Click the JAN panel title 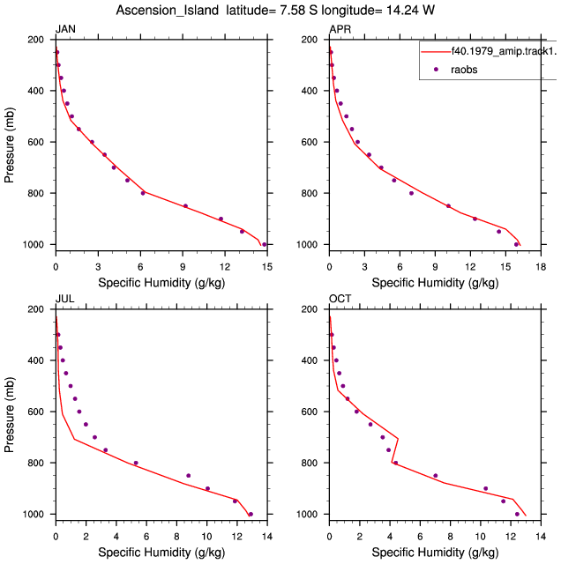65,29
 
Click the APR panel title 340,29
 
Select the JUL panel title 64,299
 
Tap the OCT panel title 340,299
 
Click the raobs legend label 464,70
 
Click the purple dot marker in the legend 436,69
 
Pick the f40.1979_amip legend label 505,51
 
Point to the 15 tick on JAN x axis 267,267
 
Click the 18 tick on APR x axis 541,267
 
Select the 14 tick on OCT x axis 541,537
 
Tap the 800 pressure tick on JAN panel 35,193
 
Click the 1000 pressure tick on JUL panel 34,514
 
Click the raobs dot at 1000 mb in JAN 265,245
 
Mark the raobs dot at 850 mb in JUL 188,476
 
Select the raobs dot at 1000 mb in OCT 517,514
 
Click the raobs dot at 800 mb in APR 411,193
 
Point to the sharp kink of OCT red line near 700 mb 398,439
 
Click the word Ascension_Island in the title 167,11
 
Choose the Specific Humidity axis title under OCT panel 435,553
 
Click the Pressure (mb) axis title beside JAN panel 10,145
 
